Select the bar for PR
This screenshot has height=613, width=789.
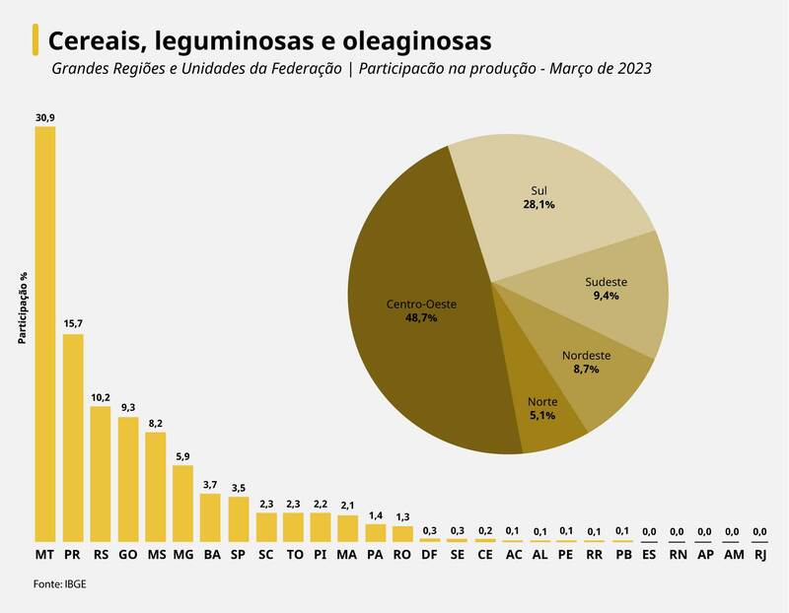[x=73, y=438]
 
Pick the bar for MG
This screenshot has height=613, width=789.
[x=182, y=503]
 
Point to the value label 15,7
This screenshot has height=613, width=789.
[x=73, y=323]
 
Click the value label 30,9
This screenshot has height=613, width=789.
[x=45, y=117]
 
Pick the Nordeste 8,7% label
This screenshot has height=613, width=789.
[x=586, y=362]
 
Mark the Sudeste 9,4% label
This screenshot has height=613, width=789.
[x=606, y=289]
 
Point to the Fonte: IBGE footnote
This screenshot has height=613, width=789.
[x=60, y=584]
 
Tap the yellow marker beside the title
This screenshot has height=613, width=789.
[x=36, y=41]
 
